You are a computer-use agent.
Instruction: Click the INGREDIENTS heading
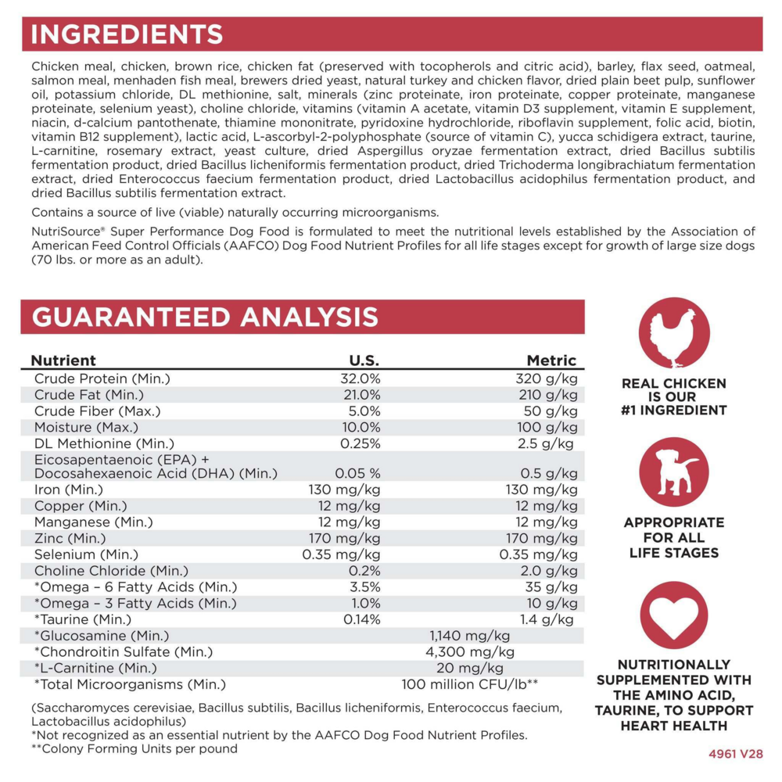tap(127, 34)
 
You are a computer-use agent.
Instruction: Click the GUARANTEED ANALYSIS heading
tap(205, 316)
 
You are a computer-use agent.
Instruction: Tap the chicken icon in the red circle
tap(673, 332)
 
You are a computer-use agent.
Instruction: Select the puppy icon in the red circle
tap(673, 472)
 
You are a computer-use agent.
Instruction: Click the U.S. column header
tap(364, 361)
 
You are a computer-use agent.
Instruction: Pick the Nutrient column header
tap(63, 361)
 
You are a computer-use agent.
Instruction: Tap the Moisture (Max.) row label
tap(86, 427)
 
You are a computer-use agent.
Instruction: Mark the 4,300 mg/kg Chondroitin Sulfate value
tap(469, 651)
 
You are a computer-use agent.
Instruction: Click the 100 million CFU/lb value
tap(469, 684)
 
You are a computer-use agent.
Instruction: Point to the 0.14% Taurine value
tap(362, 619)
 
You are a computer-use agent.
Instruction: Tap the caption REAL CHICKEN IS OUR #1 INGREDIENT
tap(673, 396)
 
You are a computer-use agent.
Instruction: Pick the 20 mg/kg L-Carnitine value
tap(470, 668)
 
